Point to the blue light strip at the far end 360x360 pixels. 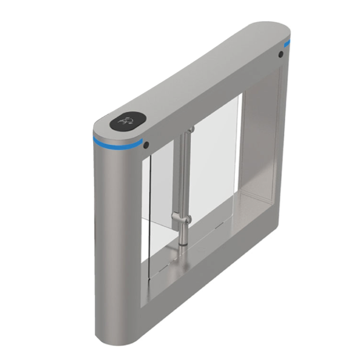(287, 44)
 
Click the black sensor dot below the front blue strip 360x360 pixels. (146, 145)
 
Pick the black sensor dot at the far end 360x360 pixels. (281, 55)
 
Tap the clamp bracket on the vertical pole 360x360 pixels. (182, 220)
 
